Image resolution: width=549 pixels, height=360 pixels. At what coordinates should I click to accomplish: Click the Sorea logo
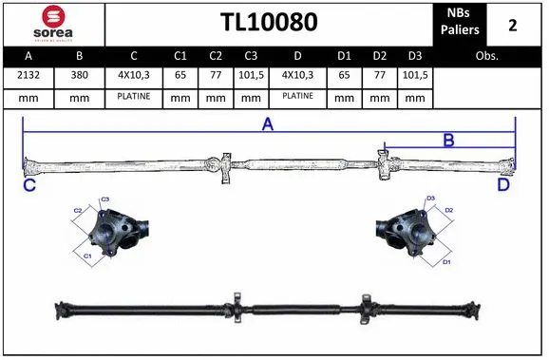point(52,23)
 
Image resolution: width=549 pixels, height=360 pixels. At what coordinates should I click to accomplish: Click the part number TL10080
point(269,23)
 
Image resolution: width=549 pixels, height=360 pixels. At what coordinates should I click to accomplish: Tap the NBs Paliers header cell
point(461,23)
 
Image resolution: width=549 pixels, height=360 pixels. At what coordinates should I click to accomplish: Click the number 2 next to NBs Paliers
point(513,24)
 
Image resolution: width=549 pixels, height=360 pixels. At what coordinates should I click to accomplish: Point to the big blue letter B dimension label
point(448,142)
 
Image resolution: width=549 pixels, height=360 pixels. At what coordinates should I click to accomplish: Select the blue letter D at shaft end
point(503,185)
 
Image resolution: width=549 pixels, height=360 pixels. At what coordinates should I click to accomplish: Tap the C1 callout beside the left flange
point(86,256)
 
